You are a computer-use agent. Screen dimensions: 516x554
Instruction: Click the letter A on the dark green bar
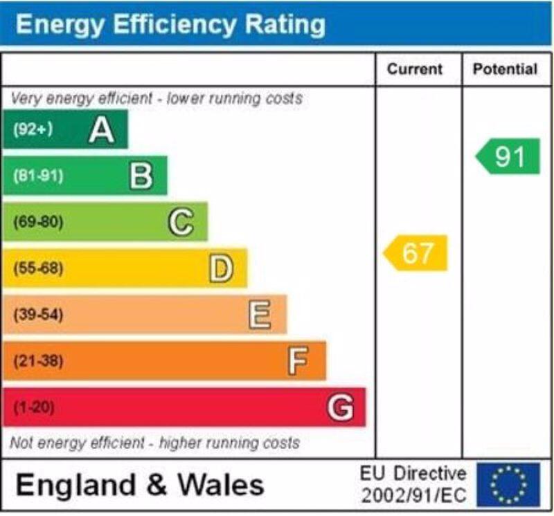pos(101,129)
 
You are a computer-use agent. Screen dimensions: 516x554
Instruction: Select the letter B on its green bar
pos(141,176)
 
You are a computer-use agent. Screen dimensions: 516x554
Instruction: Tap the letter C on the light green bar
pos(181,222)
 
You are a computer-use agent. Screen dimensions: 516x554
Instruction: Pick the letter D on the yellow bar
pos(221,268)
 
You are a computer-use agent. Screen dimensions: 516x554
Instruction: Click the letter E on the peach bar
pos(260,315)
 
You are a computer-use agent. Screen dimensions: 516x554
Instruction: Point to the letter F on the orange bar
pos(298,361)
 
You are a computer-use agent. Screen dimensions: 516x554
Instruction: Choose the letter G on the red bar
pos(340,407)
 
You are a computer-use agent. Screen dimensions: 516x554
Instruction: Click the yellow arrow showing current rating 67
pos(415,253)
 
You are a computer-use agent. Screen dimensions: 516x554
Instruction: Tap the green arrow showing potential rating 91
pos(508,157)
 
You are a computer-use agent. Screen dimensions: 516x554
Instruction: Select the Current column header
pos(414,69)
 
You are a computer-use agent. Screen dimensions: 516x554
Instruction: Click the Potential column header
pos(505,69)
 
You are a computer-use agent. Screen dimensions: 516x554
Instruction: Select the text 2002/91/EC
pos(414,496)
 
